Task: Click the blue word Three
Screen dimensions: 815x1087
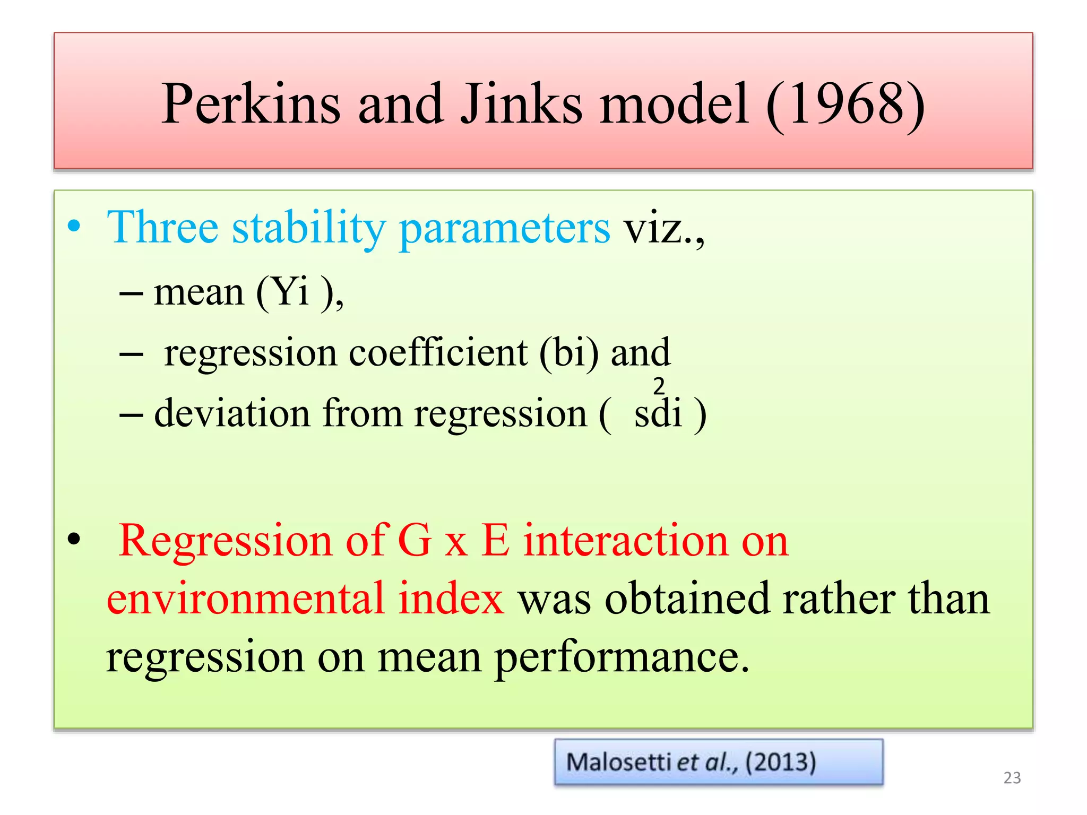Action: (x=162, y=227)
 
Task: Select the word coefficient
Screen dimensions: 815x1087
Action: (x=438, y=352)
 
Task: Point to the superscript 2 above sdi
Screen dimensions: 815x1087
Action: (x=659, y=386)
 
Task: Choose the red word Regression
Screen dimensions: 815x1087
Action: (x=226, y=541)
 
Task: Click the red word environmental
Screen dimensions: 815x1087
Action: (x=245, y=599)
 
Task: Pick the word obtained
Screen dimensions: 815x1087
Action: (x=687, y=599)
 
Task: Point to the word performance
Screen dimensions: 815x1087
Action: (x=622, y=658)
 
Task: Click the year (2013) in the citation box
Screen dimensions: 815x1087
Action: (x=780, y=762)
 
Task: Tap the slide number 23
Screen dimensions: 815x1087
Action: (x=1012, y=778)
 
